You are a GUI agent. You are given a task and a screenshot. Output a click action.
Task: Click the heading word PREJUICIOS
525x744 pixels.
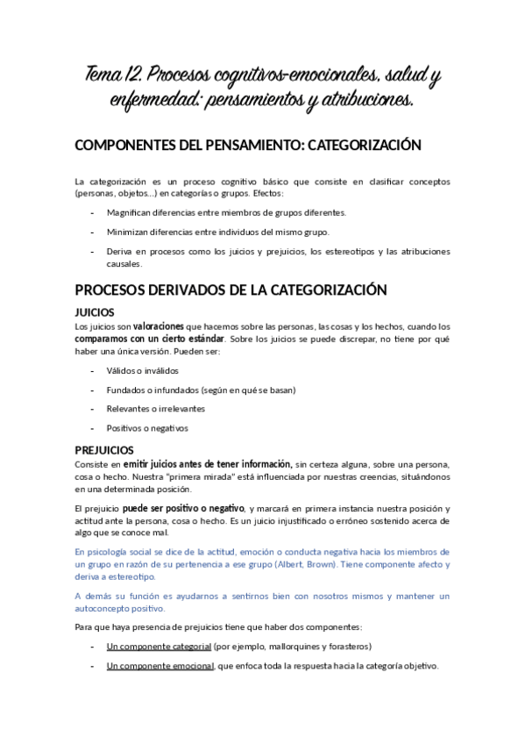coord(103,450)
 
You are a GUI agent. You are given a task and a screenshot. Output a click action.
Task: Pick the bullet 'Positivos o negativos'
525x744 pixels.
coord(147,428)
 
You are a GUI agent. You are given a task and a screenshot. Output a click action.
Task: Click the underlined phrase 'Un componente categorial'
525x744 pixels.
coord(159,646)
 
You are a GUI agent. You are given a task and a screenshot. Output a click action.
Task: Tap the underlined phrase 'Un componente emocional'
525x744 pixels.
coord(160,665)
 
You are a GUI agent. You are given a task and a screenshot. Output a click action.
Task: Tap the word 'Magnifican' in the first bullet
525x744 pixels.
coord(129,212)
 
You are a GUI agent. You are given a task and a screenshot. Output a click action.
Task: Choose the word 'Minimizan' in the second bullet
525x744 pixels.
coord(128,232)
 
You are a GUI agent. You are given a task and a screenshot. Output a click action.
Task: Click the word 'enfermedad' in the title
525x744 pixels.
coord(159,103)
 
